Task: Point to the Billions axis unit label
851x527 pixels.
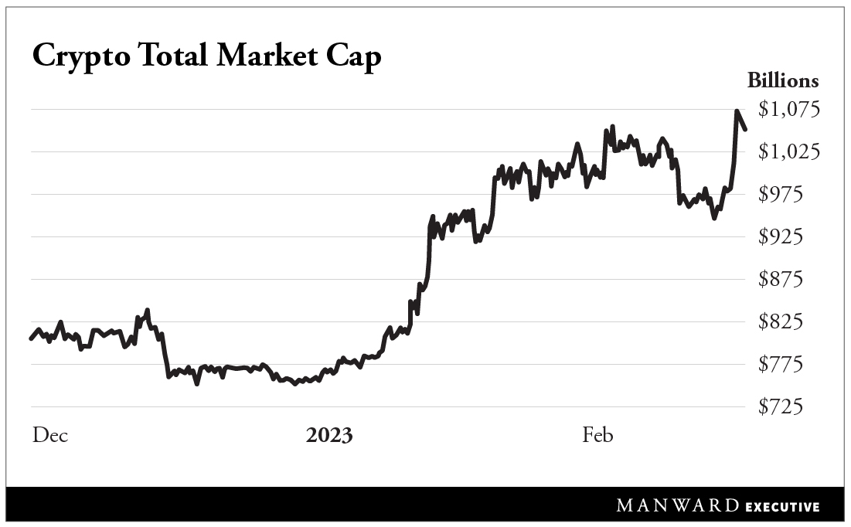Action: point(782,80)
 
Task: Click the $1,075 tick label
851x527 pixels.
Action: point(788,110)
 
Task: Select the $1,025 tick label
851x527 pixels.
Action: point(788,152)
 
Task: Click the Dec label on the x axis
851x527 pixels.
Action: point(50,436)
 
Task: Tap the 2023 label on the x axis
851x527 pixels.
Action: point(329,436)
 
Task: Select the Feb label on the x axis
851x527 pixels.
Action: point(597,436)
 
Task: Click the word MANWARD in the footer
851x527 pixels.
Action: point(678,507)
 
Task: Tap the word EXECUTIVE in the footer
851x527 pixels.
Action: point(783,508)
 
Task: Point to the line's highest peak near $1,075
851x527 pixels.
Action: point(737,112)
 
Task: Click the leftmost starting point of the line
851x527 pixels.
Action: point(31,338)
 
